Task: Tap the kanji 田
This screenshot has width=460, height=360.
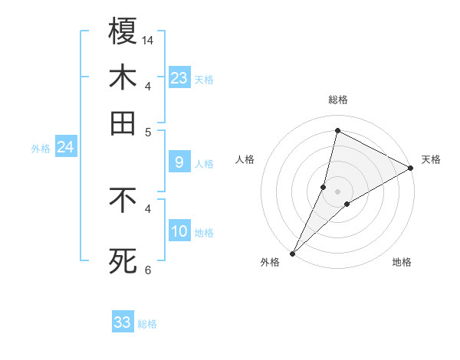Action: click(x=123, y=123)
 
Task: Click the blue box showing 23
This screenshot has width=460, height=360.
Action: click(x=179, y=78)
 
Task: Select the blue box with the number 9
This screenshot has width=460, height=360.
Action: click(x=179, y=162)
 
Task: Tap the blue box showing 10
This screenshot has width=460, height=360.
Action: click(x=179, y=231)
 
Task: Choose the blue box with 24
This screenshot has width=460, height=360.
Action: click(x=65, y=147)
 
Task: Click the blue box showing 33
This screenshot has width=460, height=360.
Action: click(x=123, y=322)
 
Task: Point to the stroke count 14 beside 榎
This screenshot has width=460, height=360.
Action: click(x=149, y=39)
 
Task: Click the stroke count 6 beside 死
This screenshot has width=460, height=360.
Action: click(x=148, y=269)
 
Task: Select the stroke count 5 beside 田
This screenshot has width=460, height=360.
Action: click(x=148, y=131)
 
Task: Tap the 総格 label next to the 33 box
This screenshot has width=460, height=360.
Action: click(x=148, y=324)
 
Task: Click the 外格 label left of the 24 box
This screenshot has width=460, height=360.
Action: click(x=41, y=149)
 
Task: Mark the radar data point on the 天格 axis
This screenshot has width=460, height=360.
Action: click(x=411, y=169)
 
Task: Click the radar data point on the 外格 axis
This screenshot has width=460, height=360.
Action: click(x=293, y=253)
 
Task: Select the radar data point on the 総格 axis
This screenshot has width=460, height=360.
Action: click(x=337, y=130)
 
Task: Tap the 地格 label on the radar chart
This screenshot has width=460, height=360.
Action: click(x=402, y=262)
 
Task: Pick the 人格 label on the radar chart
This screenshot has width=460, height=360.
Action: click(x=245, y=159)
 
